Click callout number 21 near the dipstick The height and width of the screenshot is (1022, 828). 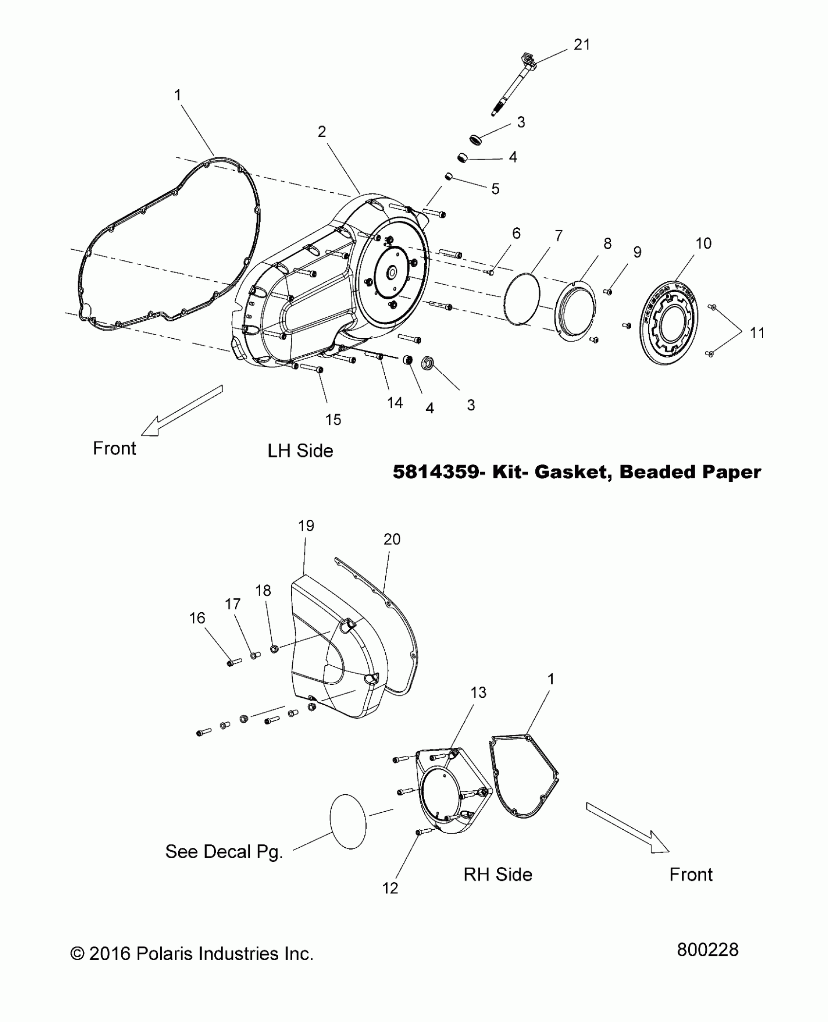(582, 45)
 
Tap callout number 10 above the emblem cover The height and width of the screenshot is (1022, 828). (703, 243)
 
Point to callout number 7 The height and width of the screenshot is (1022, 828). (558, 236)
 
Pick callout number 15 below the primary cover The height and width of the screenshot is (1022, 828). (333, 420)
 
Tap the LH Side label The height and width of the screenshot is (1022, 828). (300, 451)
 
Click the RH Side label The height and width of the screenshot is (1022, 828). (498, 875)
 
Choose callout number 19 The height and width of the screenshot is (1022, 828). (306, 526)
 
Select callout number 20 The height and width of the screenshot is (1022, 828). (392, 539)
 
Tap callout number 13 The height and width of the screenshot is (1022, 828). (478, 693)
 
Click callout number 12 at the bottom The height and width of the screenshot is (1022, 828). (390, 888)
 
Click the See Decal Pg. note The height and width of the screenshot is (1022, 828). (224, 852)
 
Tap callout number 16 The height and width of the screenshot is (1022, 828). (197, 618)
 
